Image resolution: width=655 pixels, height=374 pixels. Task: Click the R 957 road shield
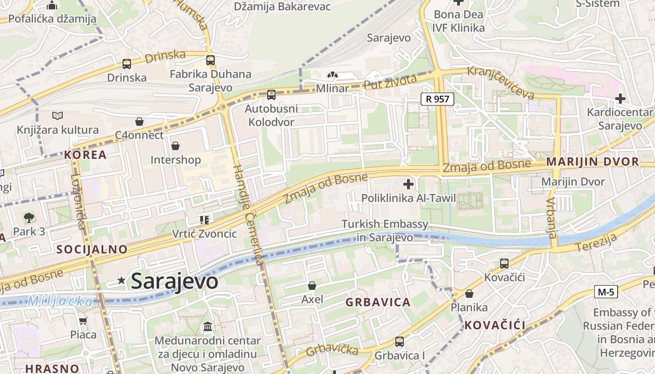(x=437, y=99)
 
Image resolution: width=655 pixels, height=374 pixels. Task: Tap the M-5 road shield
(x=606, y=292)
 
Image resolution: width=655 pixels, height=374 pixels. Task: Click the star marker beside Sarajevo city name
(x=122, y=280)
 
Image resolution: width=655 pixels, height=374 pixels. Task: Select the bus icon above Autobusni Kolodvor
(x=271, y=95)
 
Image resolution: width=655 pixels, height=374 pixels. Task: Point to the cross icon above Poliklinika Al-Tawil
(x=408, y=184)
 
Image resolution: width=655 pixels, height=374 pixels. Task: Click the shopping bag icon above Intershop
(x=175, y=146)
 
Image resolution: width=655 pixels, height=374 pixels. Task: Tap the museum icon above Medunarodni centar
(x=208, y=326)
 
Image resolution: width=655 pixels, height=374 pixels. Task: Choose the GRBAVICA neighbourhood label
(x=378, y=302)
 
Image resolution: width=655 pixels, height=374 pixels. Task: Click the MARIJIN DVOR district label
(x=592, y=162)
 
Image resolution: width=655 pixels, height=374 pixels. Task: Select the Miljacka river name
(x=60, y=302)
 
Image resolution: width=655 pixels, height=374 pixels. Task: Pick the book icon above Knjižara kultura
(x=58, y=115)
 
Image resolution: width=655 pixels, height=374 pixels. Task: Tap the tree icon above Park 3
(x=29, y=217)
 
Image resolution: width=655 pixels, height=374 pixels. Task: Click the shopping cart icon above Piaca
(x=83, y=321)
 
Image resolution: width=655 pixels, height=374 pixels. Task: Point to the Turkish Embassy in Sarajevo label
(x=385, y=230)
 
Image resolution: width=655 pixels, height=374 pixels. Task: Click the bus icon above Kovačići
(x=504, y=263)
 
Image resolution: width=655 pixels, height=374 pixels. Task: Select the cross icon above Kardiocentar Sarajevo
(x=620, y=99)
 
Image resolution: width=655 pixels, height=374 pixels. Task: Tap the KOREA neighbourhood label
(x=86, y=155)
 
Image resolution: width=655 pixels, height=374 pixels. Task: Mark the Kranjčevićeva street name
(x=501, y=82)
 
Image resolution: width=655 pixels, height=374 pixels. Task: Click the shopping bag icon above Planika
(x=469, y=294)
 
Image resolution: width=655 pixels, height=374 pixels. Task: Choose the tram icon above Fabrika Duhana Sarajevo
(x=211, y=60)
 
